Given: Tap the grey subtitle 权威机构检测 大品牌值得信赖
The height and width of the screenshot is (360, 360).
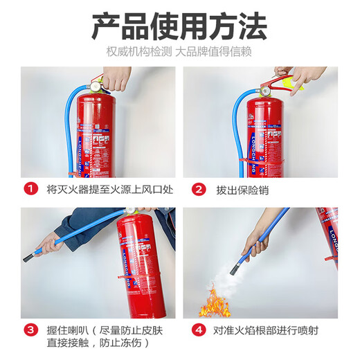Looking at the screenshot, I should [179, 53].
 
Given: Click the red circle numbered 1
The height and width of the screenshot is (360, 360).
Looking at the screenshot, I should [30, 189].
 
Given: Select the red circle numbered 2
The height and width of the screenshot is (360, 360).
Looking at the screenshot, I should [199, 189].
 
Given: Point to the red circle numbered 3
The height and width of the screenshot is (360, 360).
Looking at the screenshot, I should [30, 330].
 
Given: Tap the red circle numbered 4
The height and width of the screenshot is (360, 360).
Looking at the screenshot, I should [199, 330].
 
